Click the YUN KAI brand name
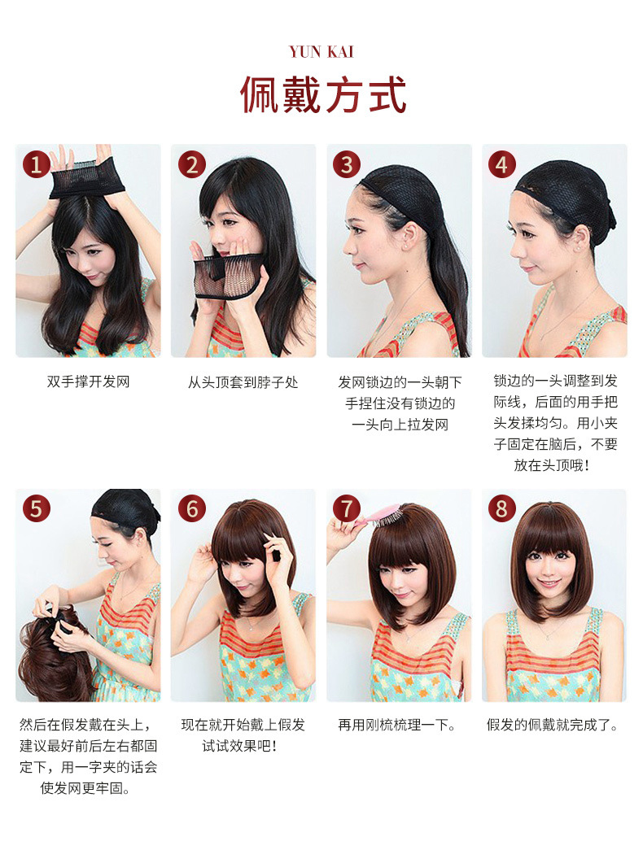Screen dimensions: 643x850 (321, 52)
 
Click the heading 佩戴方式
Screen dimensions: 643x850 (323, 94)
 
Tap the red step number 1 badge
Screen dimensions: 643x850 (37, 164)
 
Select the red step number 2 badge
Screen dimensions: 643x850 (192, 164)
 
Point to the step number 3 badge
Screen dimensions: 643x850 (347, 164)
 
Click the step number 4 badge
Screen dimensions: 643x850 (502, 164)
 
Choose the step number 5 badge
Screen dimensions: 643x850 (37, 509)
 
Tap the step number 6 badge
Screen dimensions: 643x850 (192, 509)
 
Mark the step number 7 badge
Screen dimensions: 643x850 (347, 509)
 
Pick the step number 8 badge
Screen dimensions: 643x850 (502, 509)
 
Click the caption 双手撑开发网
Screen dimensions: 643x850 (89, 381)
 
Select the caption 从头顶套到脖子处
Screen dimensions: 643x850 (243, 382)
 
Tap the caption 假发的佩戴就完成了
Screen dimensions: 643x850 (552, 725)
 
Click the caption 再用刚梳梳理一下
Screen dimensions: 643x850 (396, 725)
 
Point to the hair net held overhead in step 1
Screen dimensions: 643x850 (87, 178)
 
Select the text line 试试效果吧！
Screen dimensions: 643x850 (241, 747)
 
